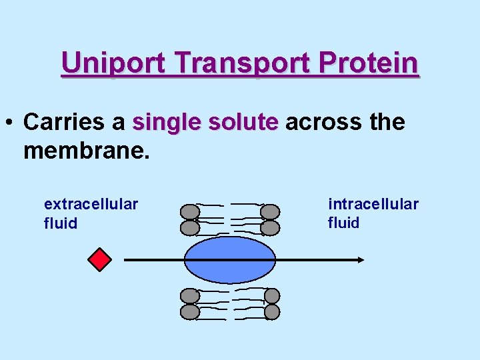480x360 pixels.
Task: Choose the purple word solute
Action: [x=243, y=122]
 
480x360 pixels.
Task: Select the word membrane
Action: [x=85, y=150]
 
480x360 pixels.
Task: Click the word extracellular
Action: [x=91, y=203]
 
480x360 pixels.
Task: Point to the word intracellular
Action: [x=373, y=203]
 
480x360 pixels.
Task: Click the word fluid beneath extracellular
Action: [x=61, y=223]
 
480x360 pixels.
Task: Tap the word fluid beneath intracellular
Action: [x=343, y=223]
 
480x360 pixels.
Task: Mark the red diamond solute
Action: [x=99, y=259]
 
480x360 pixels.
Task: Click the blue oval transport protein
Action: [x=229, y=259]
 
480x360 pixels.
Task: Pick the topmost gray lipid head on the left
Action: [x=191, y=212]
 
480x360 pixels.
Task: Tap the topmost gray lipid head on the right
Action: [x=269, y=212]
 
